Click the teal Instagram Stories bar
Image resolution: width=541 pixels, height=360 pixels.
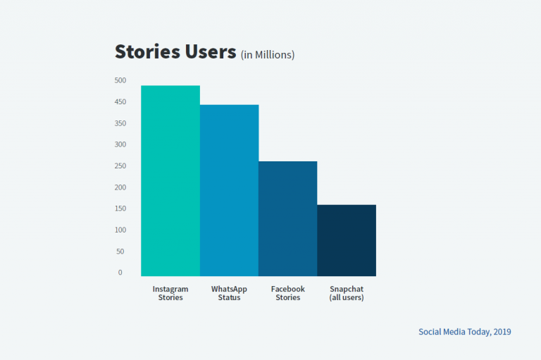[170, 180]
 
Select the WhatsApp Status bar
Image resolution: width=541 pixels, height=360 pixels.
[229, 190]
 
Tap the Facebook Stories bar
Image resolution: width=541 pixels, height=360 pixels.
[287, 218]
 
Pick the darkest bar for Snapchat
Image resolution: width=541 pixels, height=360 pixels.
[347, 240]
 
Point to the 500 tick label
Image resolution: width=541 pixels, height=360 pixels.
[120, 80]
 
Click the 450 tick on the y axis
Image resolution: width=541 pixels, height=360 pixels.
[120, 102]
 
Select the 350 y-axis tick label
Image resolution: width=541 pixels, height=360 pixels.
[120, 123]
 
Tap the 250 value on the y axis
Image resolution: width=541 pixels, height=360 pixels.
[120, 166]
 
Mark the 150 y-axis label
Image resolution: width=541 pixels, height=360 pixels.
[120, 209]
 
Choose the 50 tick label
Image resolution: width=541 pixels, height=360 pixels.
[120, 252]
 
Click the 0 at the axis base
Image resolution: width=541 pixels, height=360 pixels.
[120, 273]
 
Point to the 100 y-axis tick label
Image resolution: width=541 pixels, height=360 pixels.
[120, 230]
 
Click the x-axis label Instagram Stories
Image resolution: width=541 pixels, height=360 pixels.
[170, 293]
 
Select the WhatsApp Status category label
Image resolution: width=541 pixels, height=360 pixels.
[229, 293]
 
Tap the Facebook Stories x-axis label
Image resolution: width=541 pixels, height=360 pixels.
[287, 293]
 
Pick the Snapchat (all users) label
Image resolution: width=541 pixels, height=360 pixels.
[347, 293]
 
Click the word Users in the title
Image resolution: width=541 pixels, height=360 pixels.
[211, 51]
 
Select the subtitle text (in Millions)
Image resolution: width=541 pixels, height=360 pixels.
[268, 55]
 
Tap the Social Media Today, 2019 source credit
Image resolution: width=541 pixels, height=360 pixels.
[465, 332]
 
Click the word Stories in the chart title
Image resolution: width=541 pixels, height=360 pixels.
[147, 51]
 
